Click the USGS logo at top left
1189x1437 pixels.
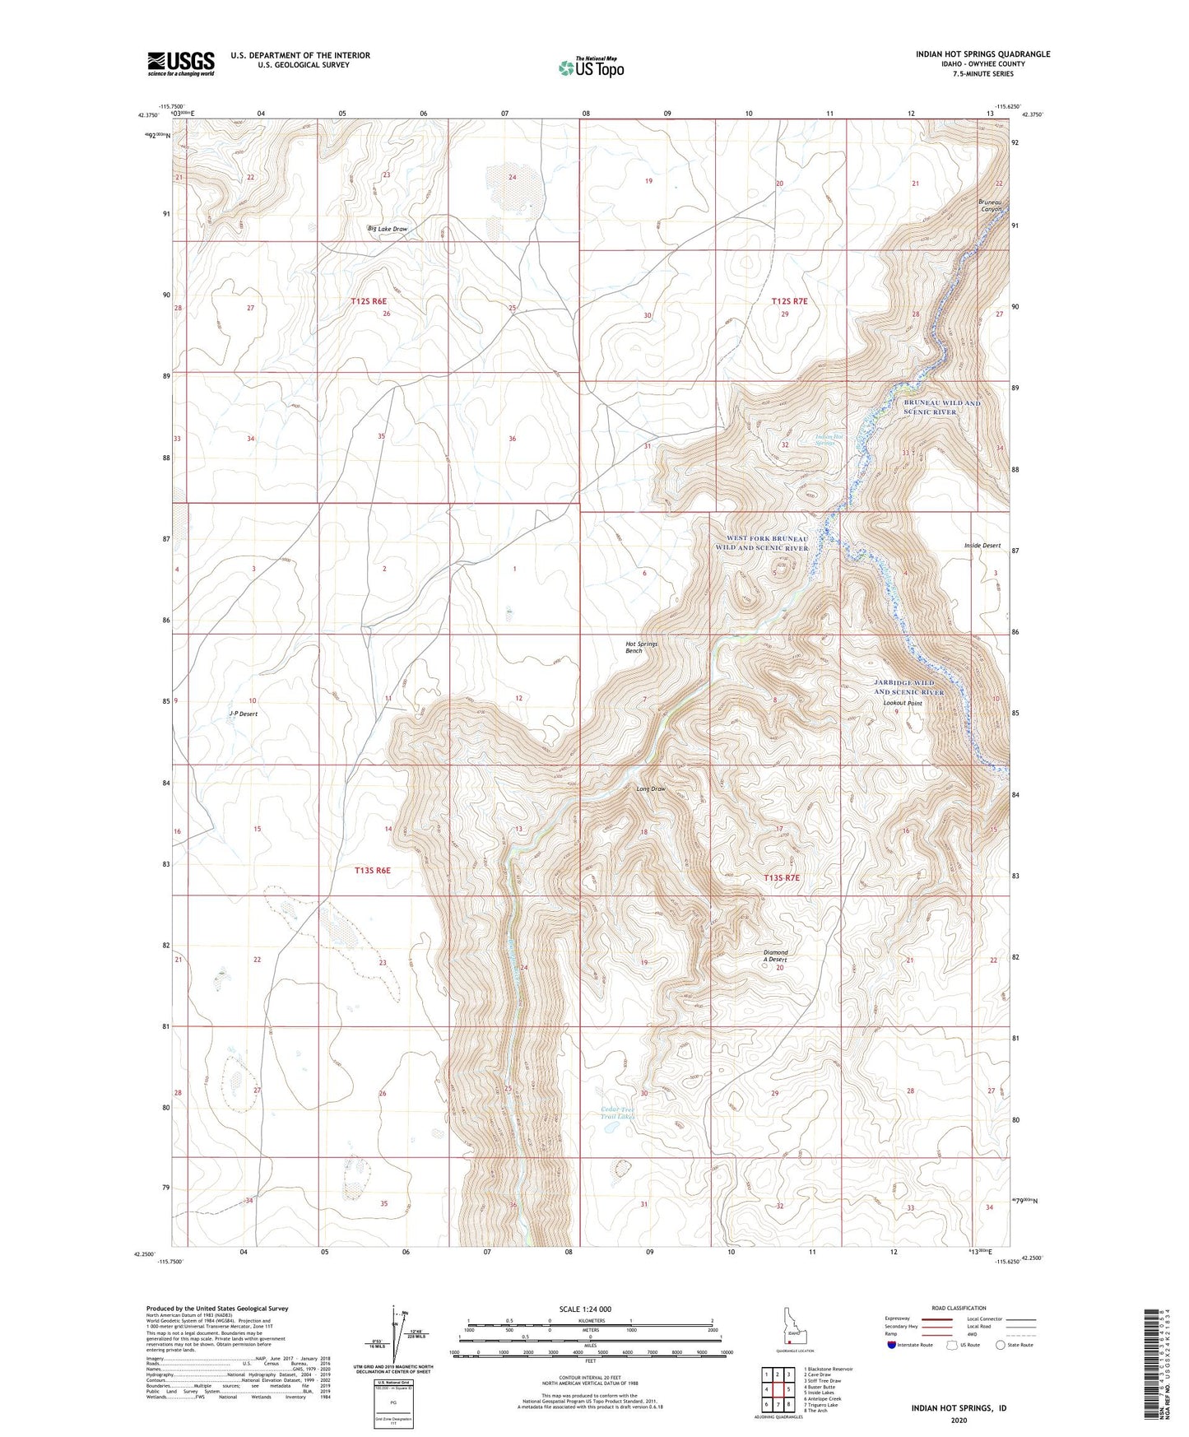pos(181,63)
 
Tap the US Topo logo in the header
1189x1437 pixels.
pos(590,67)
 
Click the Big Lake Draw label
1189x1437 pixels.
pos(387,229)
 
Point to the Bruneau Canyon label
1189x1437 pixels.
pos(991,205)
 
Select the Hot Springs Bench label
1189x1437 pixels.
pos(641,647)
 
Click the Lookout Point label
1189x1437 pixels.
pos(902,704)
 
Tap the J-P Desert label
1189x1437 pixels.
pos(243,714)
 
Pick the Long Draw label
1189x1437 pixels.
pos(650,789)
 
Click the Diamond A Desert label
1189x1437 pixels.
pos(775,956)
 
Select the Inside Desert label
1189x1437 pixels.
pos(982,546)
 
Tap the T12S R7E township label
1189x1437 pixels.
pos(790,302)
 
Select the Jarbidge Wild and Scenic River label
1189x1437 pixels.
pos(908,687)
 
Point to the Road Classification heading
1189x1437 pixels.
pos(959,1308)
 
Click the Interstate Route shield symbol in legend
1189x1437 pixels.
pos(892,1346)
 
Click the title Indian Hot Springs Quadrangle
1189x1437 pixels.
pos(982,54)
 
